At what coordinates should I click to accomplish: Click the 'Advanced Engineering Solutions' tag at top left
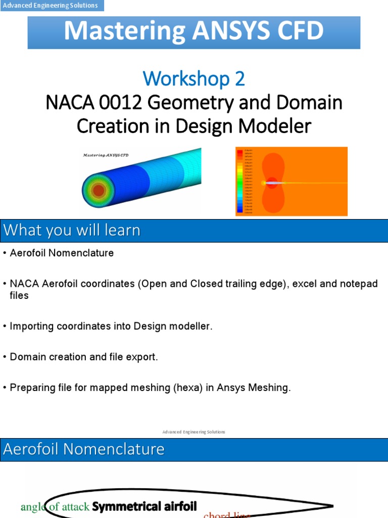point(51,6)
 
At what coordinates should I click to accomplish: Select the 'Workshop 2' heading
point(194,78)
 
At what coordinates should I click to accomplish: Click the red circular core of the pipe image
point(99,191)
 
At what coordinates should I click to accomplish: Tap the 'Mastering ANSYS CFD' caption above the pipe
point(106,155)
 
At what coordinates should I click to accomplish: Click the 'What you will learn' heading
point(72,231)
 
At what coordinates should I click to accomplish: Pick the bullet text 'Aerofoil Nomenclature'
point(62,253)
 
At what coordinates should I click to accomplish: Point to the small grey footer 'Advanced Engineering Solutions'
point(194,432)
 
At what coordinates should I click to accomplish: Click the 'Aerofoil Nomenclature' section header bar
point(84,449)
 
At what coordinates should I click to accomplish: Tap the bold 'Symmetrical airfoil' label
point(144,506)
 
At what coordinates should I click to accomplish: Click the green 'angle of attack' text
point(55,506)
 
